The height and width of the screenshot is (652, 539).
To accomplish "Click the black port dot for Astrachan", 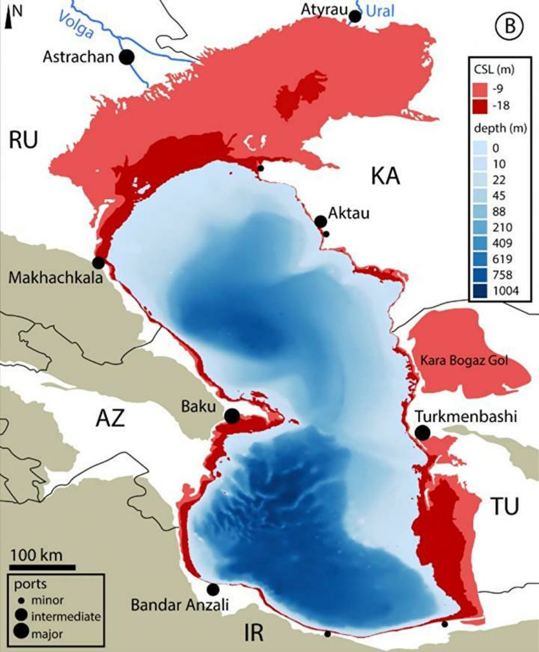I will (127, 57).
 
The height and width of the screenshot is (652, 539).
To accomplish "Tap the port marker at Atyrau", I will (355, 16).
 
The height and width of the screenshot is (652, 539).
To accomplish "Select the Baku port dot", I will (232, 416).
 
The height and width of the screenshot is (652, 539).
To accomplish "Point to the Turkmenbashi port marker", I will (422, 433).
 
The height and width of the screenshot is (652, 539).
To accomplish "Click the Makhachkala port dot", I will (99, 262).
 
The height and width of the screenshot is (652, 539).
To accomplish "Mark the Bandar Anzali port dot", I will (213, 590).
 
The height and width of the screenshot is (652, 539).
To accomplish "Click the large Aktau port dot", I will (321, 221).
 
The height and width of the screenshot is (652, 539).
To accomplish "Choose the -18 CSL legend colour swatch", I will (480, 104).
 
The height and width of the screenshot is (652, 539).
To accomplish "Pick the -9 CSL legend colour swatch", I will (480, 89).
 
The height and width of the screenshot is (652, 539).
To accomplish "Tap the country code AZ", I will (112, 419).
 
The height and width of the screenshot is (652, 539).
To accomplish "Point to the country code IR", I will (259, 633).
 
